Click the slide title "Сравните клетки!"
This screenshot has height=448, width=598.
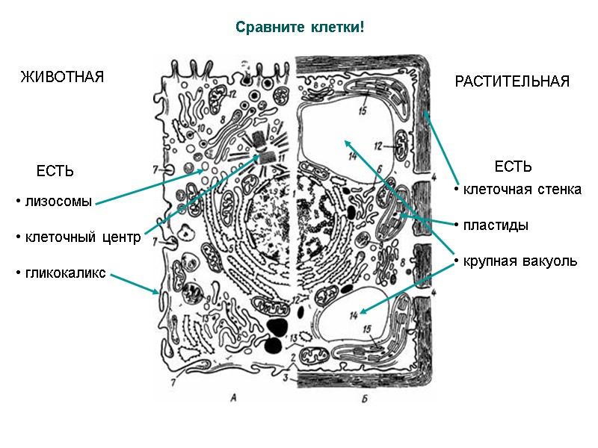(300, 28)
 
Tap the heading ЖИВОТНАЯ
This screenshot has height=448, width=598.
(61, 78)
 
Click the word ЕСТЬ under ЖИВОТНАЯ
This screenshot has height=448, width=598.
(55, 172)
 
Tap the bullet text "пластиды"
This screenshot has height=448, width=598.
(496, 225)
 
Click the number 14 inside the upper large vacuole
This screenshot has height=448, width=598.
(353, 155)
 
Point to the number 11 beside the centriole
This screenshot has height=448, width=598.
(282, 158)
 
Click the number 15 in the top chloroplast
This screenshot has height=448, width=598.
(363, 112)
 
